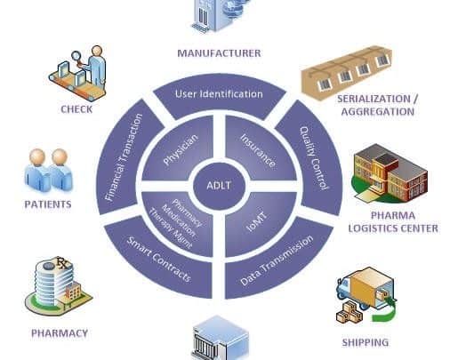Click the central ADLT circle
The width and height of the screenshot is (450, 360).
click(220, 186)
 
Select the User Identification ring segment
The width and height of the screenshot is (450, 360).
click(220, 96)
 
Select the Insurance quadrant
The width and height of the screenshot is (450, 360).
click(259, 149)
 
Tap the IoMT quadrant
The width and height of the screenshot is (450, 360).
click(257, 221)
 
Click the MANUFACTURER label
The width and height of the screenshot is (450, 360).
click(219, 53)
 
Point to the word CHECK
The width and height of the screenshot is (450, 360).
click(76, 109)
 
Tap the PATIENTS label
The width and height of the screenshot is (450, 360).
click(48, 204)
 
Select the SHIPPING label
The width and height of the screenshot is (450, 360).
click(366, 342)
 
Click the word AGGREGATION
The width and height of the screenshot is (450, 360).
click(378, 112)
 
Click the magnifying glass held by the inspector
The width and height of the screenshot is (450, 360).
click(76, 57)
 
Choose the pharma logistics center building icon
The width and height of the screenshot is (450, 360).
click(390, 173)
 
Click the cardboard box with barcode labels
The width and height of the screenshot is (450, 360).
click(347, 73)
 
